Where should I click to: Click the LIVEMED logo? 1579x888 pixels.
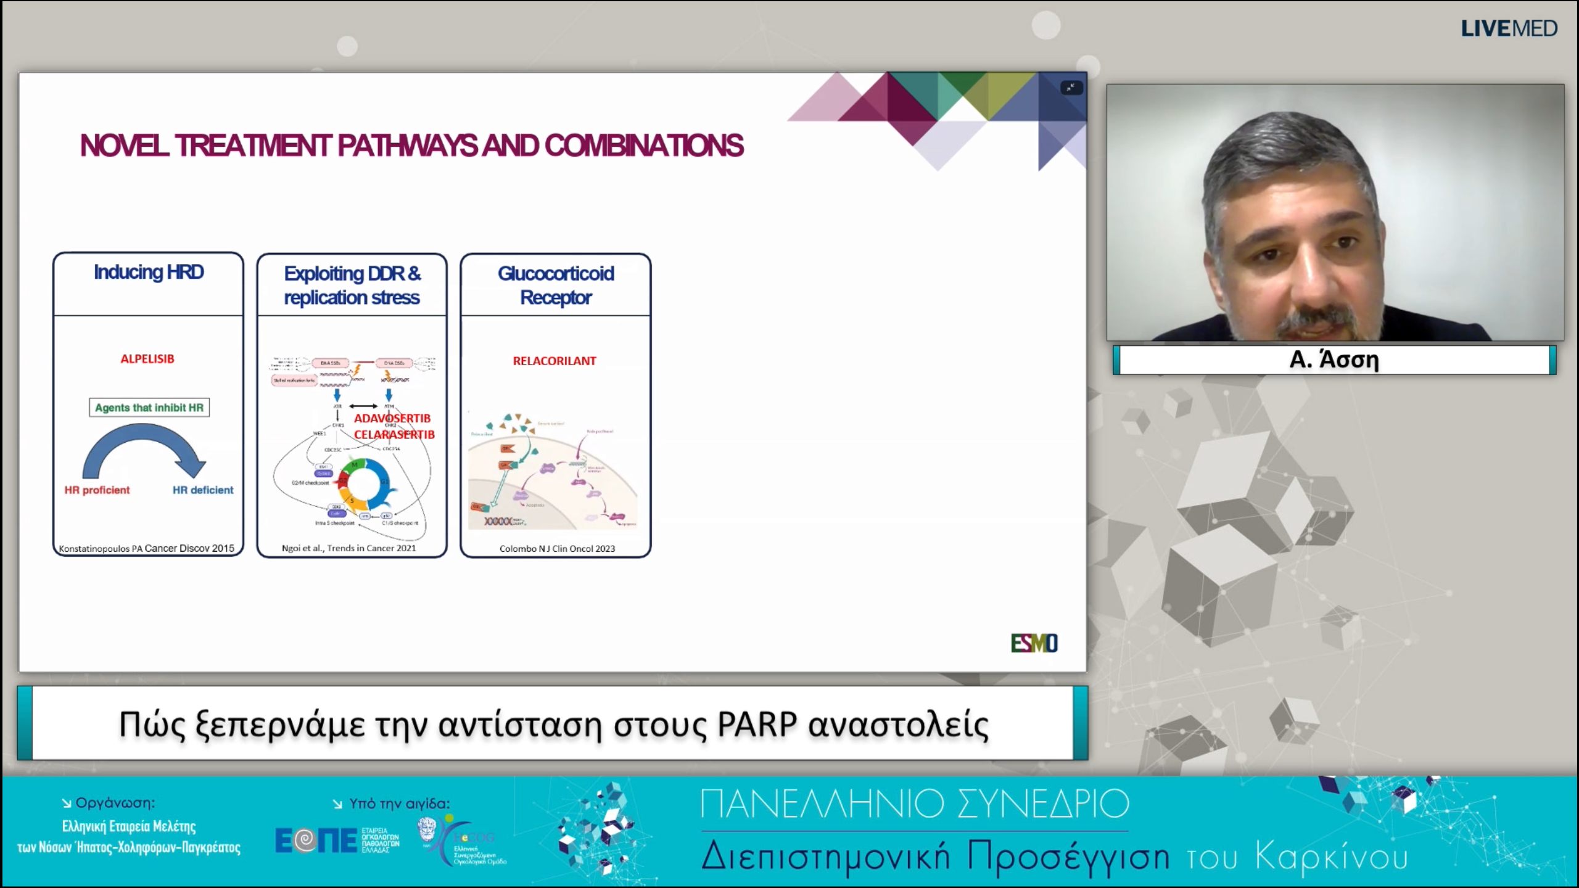coord(1509,28)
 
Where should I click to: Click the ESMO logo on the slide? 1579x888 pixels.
coord(1034,643)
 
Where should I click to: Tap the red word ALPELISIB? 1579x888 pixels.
coord(147,359)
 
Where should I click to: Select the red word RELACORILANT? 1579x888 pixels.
coord(555,361)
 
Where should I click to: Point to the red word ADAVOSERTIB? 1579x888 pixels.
coord(392,418)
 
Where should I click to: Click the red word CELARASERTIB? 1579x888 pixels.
coord(394,435)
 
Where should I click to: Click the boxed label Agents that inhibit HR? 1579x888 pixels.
coord(149,408)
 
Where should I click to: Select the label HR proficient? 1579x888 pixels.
coord(97,490)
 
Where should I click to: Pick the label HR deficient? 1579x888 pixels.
coord(203,490)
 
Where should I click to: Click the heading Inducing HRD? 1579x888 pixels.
coord(149,272)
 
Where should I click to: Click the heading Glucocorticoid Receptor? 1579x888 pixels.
coord(556,285)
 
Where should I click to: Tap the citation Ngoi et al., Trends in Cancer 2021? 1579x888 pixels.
coord(349,548)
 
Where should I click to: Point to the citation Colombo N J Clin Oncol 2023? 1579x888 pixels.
coord(557,548)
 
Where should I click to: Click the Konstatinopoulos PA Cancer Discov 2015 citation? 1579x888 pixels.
coord(147,548)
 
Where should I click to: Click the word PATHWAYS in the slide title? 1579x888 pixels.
coord(407,146)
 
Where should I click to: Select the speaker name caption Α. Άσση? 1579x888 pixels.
coord(1334,360)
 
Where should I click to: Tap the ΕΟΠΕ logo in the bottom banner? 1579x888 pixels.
coord(316,841)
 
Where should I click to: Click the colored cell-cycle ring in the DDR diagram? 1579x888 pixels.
coord(363,487)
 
